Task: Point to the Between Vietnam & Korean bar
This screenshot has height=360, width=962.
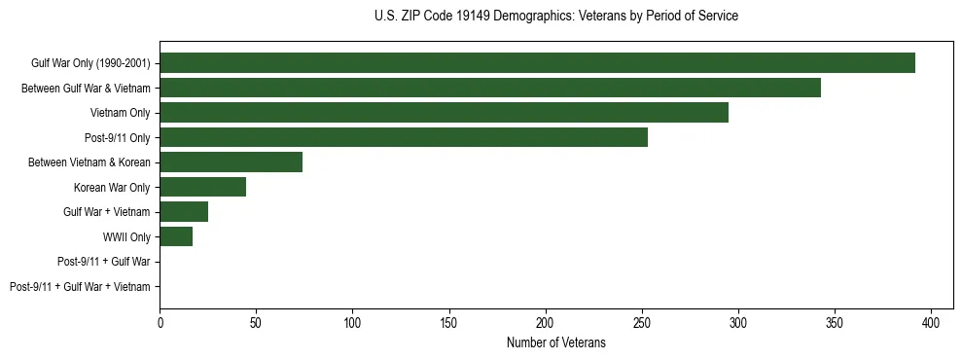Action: tap(231, 162)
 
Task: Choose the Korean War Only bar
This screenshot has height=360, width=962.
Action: tap(202, 187)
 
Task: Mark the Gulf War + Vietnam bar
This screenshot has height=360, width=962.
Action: tap(184, 212)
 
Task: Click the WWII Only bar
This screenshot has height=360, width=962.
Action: tap(176, 236)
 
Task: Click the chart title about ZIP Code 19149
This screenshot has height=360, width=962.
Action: tap(555, 17)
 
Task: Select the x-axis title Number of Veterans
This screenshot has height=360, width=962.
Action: tap(555, 343)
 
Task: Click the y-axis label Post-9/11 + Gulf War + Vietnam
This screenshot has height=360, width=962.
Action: tap(80, 287)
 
